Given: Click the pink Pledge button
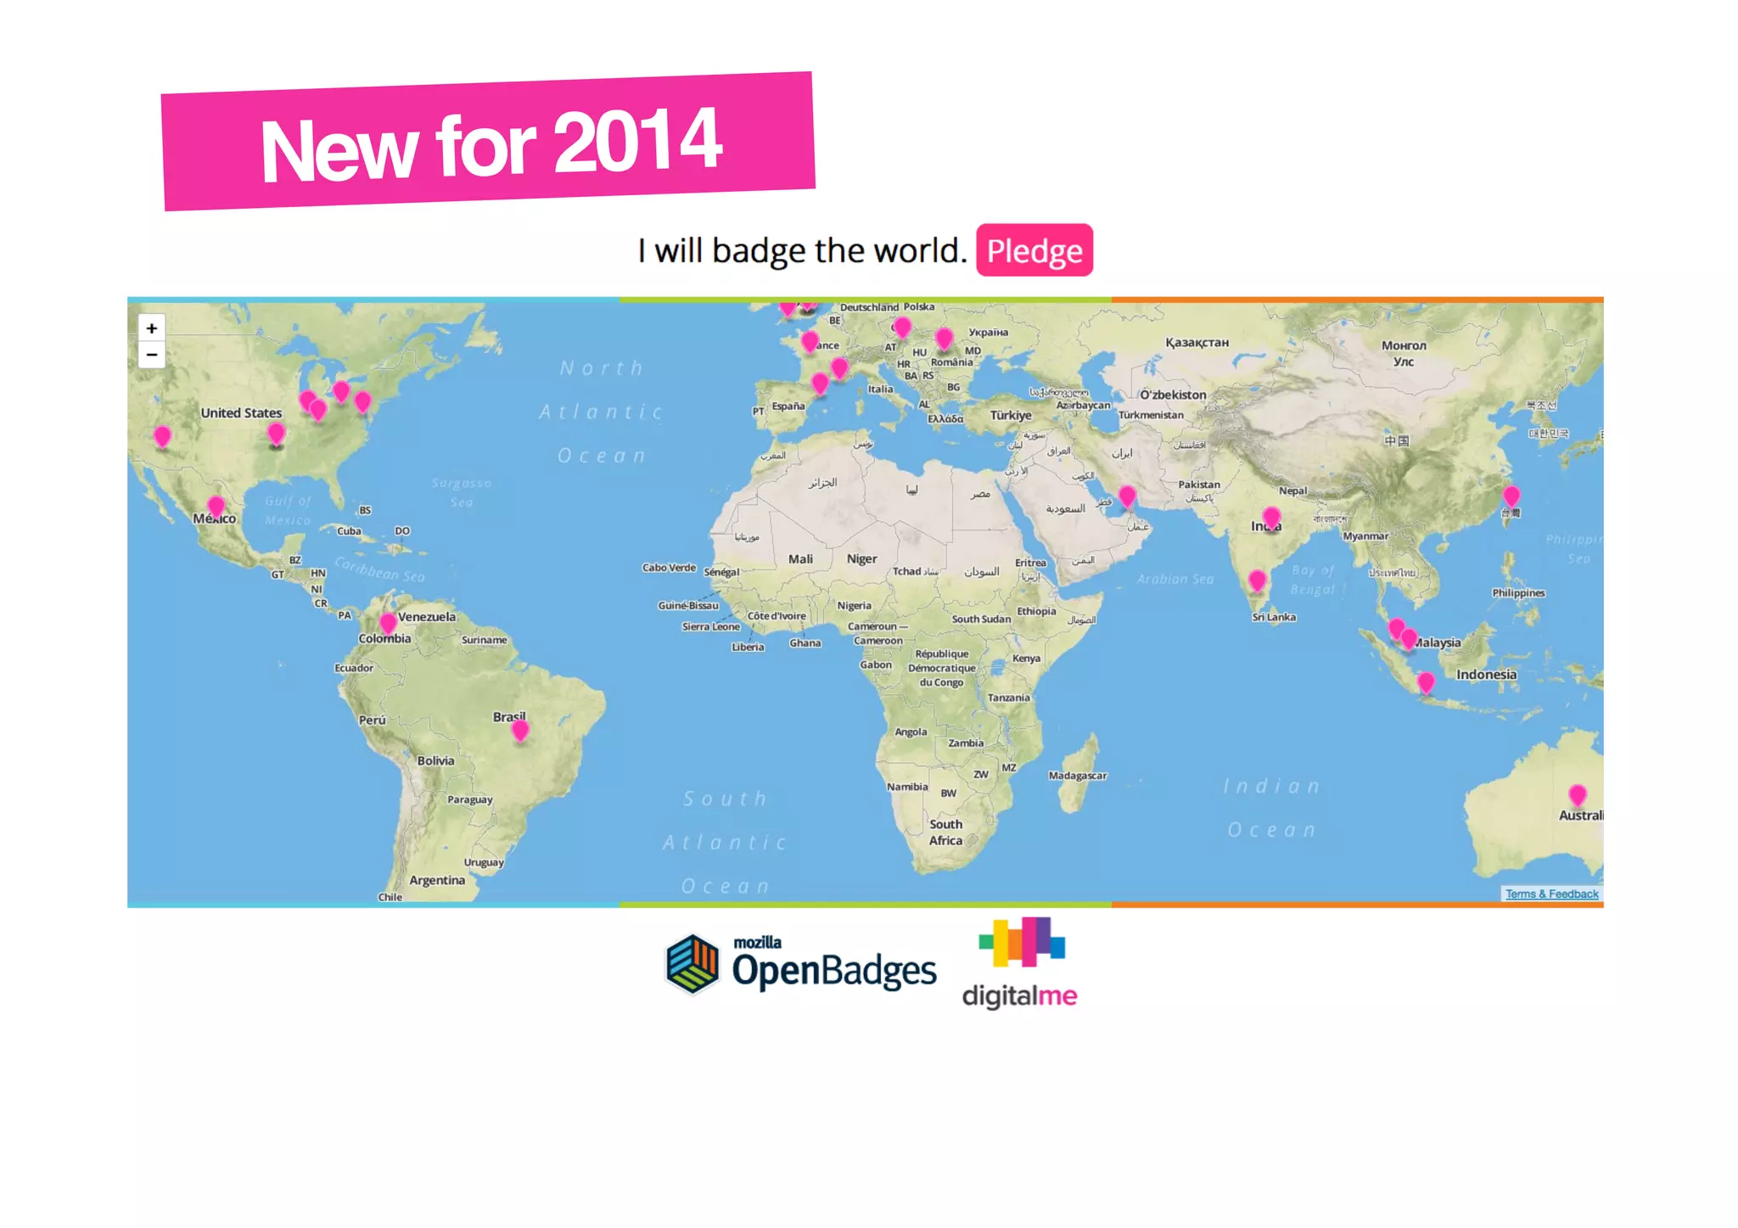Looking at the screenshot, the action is [x=1034, y=250].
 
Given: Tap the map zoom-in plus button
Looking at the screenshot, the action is [x=152, y=328].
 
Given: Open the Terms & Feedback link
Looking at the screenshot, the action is [x=1551, y=894].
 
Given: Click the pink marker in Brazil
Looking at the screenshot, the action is [x=520, y=730].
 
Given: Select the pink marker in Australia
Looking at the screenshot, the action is [x=1577, y=795].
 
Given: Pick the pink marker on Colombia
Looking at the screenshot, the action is [x=388, y=623].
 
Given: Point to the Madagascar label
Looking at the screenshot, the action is [x=1077, y=776].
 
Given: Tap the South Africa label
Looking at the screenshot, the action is [x=945, y=832].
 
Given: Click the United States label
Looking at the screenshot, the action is [x=241, y=413].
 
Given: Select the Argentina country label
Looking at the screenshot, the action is [x=437, y=880].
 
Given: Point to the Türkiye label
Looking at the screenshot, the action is [x=1011, y=415].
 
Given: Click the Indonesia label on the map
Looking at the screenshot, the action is [x=1486, y=675].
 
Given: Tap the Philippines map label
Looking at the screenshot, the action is [x=1518, y=593].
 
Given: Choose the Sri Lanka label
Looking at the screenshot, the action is [x=1274, y=617].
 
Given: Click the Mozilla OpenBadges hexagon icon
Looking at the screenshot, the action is [x=692, y=963].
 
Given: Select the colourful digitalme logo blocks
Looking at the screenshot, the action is [x=1022, y=941].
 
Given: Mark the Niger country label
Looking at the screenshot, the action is [x=861, y=558].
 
